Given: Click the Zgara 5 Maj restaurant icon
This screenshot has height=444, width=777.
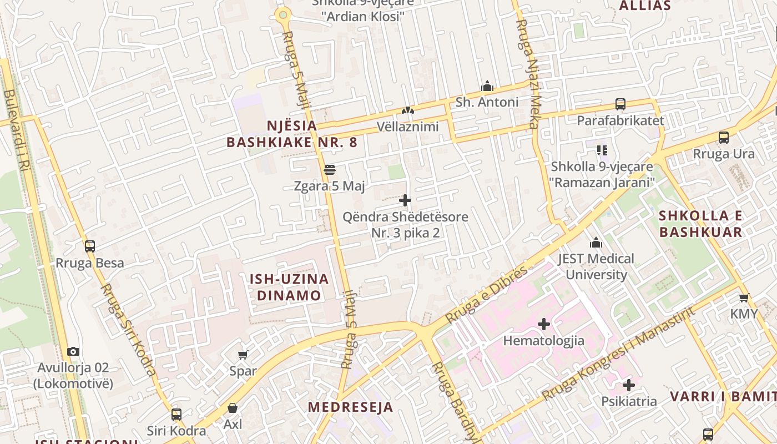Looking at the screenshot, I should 330,169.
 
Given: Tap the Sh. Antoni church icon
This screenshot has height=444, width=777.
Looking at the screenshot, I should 487,86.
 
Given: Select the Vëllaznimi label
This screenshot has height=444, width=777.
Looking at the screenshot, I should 408,127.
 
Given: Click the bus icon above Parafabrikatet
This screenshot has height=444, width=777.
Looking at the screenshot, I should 620,104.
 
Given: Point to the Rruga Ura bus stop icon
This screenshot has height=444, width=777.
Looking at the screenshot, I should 724,138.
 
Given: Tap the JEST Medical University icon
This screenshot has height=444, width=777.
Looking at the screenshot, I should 596,243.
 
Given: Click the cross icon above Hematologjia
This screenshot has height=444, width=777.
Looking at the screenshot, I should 544,324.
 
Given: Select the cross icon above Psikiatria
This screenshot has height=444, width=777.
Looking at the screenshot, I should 629,385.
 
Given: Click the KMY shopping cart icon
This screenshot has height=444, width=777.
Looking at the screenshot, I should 744,297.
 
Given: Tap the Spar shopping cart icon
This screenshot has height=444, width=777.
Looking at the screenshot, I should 243,355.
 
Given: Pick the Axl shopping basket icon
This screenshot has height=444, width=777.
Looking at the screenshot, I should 233,408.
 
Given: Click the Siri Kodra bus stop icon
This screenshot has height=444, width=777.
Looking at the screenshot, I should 176,414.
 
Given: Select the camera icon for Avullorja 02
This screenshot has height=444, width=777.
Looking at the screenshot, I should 73,351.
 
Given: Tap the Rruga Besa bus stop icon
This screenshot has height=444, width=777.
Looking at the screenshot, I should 90,246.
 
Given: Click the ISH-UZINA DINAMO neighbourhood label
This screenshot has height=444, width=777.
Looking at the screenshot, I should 289,287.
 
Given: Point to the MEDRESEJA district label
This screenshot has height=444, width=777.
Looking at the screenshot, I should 351,407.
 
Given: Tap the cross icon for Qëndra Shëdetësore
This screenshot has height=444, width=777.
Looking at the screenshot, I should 405,200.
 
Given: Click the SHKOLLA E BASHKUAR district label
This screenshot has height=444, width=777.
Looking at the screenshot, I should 701,224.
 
